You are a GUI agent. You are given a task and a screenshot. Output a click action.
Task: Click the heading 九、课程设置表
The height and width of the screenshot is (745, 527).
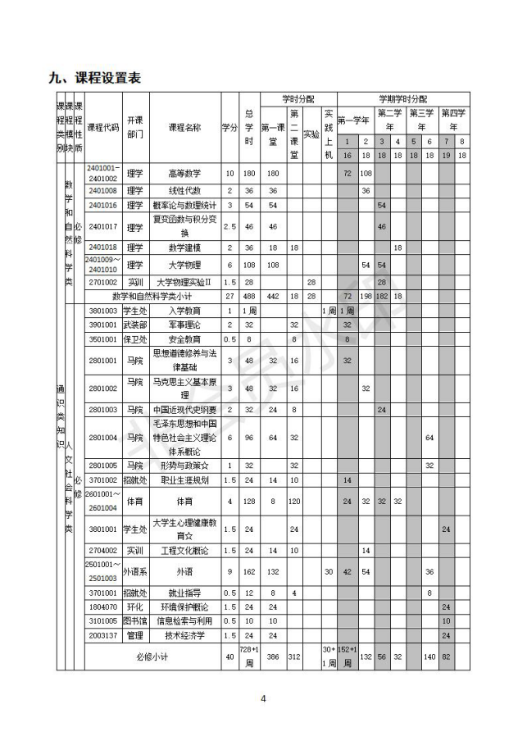(95, 79)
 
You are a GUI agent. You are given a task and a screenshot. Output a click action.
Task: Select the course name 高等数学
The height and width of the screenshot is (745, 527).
(184, 174)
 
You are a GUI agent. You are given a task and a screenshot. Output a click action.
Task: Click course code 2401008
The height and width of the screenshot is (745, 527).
(103, 190)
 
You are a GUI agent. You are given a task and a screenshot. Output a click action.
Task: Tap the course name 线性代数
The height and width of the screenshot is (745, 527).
(184, 190)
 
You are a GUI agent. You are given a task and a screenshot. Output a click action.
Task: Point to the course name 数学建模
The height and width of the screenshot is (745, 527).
(184, 247)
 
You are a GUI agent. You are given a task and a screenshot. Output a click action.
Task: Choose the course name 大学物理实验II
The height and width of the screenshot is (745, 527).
(184, 282)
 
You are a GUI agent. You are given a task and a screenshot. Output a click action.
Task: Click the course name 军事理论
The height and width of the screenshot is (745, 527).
(184, 325)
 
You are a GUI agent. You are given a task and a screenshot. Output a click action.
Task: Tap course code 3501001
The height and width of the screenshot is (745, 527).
(103, 338)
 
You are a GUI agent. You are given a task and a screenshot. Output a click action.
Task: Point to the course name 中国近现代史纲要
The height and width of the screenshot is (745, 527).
(184, 408)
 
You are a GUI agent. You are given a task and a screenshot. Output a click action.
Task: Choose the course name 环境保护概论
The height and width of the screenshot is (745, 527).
(184, 606)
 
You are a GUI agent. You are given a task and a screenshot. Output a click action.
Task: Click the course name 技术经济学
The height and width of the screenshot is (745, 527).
(184, 634)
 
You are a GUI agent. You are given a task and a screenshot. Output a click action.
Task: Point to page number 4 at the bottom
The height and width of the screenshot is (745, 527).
(263, 699)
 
